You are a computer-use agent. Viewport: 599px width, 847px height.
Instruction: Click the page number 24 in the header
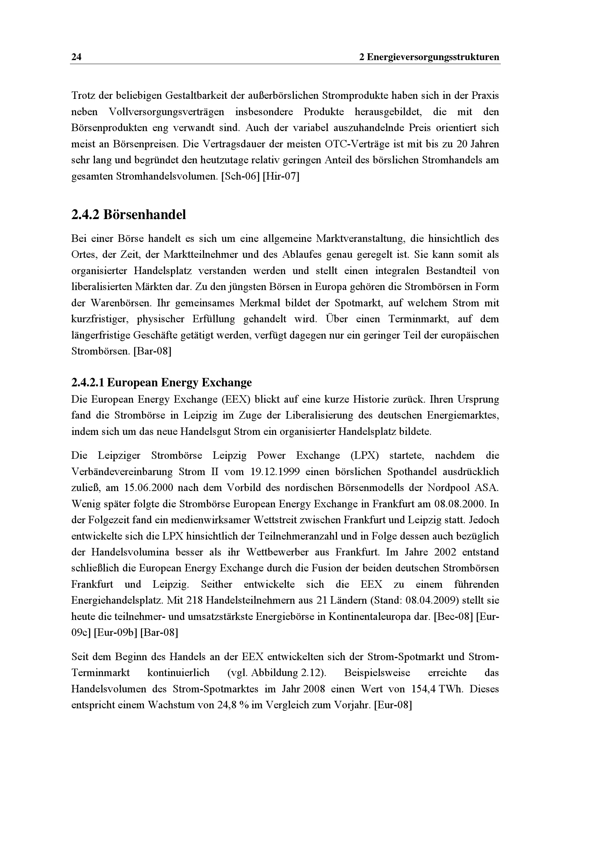click(x=76, y=57)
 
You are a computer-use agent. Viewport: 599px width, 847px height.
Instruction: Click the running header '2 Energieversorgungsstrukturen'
click(x=429, y=57)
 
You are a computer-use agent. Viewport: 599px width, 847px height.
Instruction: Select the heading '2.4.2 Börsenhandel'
click(x=128, y=215)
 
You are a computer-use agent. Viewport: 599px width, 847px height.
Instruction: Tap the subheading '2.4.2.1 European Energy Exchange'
click(x=161, y=382)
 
